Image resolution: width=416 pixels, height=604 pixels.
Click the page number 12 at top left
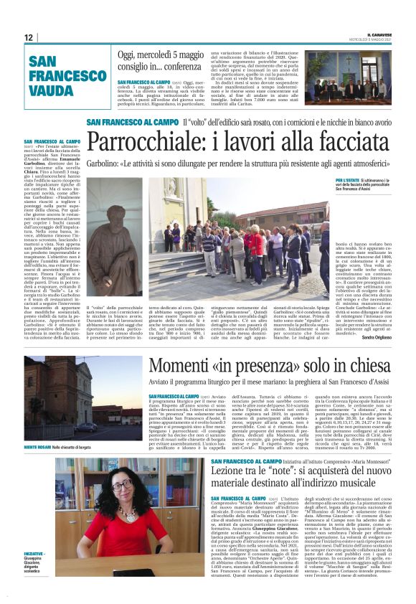click(x=28, y=37)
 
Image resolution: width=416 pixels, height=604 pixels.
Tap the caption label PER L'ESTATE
click(x=347, y=179)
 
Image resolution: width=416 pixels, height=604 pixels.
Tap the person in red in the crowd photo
click(x=255, y=244)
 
